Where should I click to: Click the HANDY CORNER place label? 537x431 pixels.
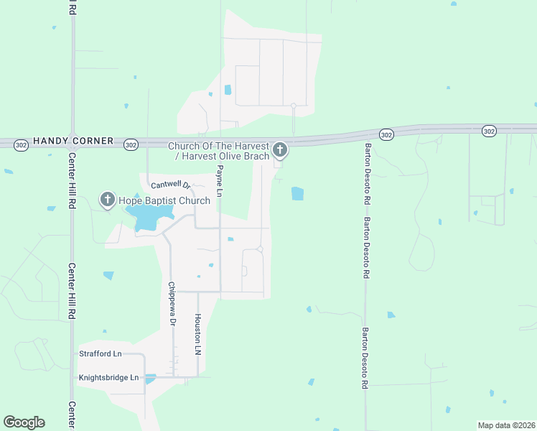point(73,142)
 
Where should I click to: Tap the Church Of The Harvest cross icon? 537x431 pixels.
point(280,150)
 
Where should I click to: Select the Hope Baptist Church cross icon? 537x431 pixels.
point(108,199)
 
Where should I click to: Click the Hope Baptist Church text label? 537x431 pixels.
point(164,200)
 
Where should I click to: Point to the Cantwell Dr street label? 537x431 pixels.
point(169,185)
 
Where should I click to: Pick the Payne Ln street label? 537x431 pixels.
point(220,181)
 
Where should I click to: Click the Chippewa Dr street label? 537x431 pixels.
point(172,304)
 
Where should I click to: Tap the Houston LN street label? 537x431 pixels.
point(197,335)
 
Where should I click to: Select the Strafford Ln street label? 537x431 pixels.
point(101,353)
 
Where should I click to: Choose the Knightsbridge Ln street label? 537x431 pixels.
point(109,377)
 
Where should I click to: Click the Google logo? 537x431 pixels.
point(24,422)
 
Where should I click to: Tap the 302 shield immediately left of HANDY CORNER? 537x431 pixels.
point(22,144)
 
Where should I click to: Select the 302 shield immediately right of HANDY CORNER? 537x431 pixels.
point(130,144)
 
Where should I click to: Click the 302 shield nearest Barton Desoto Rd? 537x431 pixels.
point(386,134)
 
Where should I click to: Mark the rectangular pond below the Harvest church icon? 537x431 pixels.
point(297,193)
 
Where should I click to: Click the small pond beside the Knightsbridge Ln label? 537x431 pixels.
point(150,379)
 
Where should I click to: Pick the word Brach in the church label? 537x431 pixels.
point(256,156)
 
